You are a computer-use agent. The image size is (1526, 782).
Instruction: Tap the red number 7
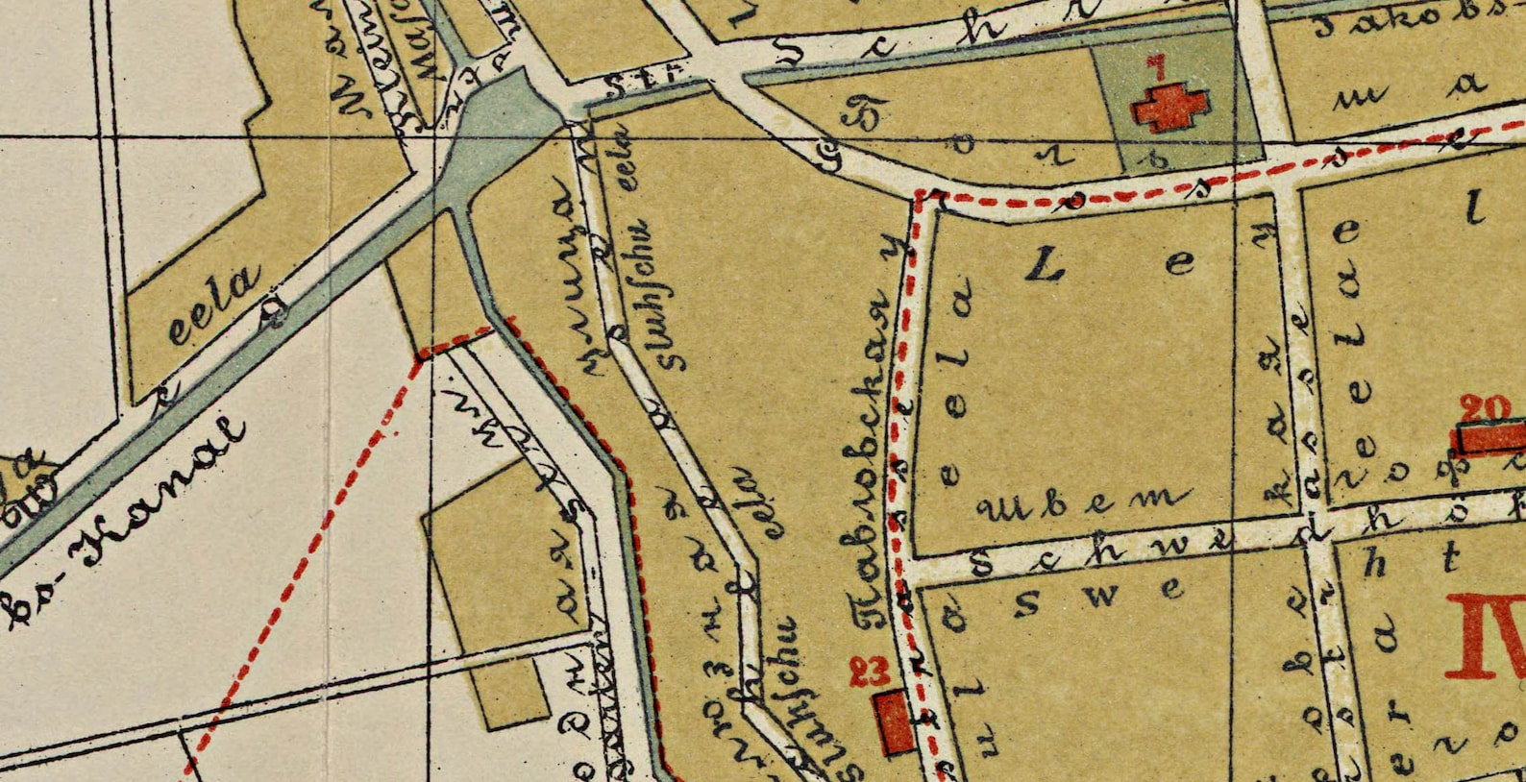pyautogui.click(x=1157, y=67)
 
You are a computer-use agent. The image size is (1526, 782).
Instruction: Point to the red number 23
pyautogui.click(x=869, y=671)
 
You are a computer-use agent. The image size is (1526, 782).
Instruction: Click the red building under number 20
pyautogui.click(x=1490, y=438)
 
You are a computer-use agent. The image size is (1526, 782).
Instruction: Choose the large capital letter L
pyautogui.click(x=1047, y=267)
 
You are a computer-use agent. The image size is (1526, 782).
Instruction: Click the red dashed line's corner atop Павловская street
pyautogui.click(x=920, y=196)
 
